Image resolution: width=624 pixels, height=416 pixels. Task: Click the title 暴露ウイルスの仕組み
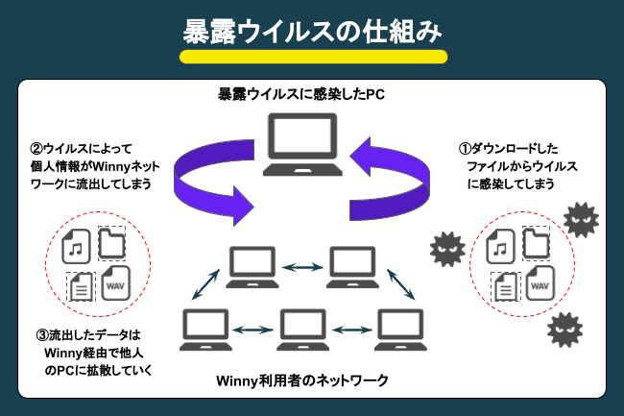point(312,31)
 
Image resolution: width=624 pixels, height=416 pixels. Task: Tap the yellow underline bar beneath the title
point(313,57)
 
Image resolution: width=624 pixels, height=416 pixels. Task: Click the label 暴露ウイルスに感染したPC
point(301,95)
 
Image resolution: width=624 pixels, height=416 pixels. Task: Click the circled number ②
point(36,149)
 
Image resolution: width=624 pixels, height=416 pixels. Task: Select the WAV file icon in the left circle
point(116,285)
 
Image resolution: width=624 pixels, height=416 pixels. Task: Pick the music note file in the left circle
point(76,247)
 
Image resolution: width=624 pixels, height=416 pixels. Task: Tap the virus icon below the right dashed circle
point(564,331)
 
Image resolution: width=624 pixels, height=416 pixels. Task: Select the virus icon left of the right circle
point(446,250)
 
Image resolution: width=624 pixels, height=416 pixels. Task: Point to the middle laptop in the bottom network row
point(300,329)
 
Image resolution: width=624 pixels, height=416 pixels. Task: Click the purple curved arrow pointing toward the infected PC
point(389,178)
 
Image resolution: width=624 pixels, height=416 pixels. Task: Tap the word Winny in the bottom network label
point(239,380)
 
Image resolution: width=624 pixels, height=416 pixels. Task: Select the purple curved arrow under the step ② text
point(206,178)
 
